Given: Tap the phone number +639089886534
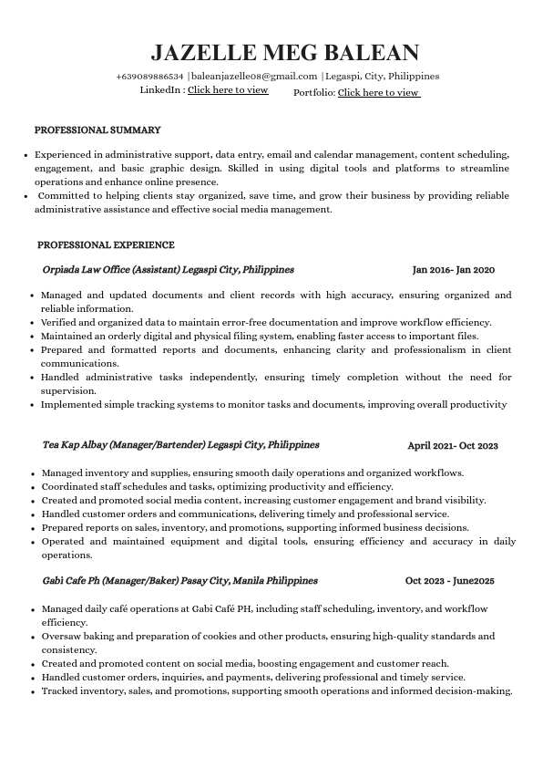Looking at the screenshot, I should point(149,77).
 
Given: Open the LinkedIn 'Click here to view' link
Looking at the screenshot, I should point(228,90).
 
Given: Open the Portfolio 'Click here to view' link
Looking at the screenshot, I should point(378,92).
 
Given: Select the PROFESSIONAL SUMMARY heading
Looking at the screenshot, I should point(97,130).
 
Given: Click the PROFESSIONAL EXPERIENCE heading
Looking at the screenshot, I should point(106,245).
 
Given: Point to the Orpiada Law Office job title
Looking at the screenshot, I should point(168,270).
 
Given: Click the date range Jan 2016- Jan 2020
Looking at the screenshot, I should point(453,270).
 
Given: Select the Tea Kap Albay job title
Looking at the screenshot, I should point(180,445).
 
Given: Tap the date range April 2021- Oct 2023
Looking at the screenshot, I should point(452,446).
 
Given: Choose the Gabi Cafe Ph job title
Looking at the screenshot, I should point(179,580).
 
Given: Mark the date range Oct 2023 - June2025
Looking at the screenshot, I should point(449,581).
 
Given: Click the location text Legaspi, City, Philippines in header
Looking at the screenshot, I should point(383,77).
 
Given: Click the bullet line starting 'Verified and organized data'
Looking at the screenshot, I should point(266,322).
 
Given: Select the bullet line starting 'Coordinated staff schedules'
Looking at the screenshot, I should point(217,486).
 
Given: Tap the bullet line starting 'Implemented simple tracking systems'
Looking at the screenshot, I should point(273,404).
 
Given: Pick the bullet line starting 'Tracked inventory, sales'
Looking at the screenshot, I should point(277,691).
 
